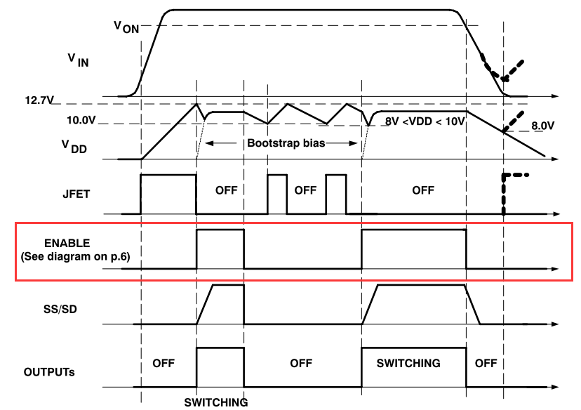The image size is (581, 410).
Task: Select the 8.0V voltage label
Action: (542, 126)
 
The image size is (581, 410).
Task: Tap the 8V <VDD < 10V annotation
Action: (425, 121)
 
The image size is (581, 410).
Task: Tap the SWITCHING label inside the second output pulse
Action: (408, 363)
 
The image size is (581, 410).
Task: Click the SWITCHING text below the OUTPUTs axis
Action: (216, 403)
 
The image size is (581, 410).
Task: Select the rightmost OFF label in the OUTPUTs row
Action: (486, 363)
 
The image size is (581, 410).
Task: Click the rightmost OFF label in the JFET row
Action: (423, 190)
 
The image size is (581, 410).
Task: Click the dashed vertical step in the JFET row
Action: (504, 194)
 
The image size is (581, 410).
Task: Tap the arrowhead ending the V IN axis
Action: (556, 95)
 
